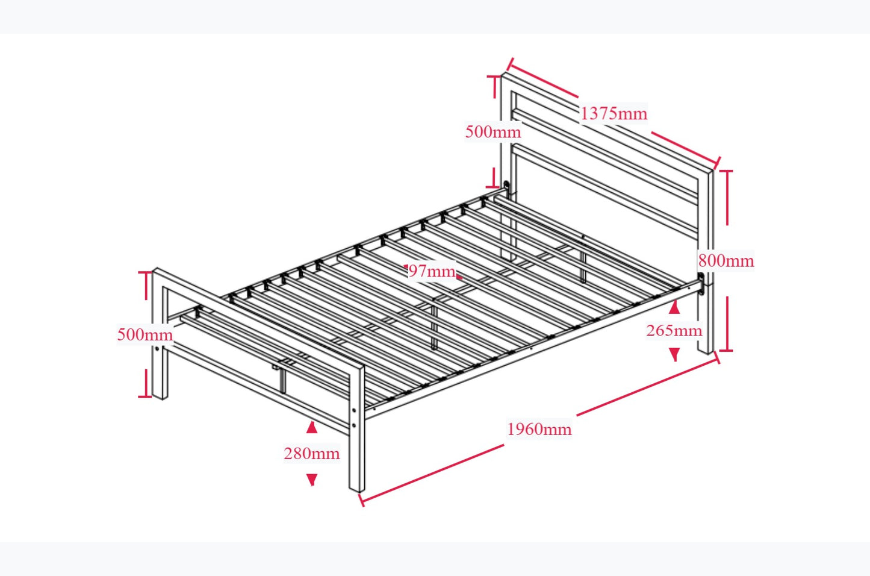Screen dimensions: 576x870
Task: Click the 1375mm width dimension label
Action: (614, 113)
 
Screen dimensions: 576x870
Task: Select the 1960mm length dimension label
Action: (539, 429)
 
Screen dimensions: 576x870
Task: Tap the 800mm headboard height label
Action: (726, 261)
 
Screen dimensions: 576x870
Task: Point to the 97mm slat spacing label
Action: (431, 271)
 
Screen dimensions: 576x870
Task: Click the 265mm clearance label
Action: (674, 331)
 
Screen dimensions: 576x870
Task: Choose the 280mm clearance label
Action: (311, 453)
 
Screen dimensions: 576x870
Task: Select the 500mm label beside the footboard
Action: (144, 334)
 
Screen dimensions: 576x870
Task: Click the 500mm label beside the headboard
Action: (492, 131)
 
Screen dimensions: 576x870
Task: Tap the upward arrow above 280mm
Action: (311, 427)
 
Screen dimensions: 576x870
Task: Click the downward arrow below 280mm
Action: (311, 480)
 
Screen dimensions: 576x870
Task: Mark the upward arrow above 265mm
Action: (674, 307)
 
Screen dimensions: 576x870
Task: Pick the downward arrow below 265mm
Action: (674, 355)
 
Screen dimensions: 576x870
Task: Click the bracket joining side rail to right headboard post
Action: (701, 284)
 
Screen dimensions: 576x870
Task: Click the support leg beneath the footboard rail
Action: (282, 378)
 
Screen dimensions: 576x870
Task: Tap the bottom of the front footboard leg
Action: (356, 487)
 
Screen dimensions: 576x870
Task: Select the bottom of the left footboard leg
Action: (160, 394)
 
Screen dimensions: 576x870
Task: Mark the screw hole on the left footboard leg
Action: (158, 349)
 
